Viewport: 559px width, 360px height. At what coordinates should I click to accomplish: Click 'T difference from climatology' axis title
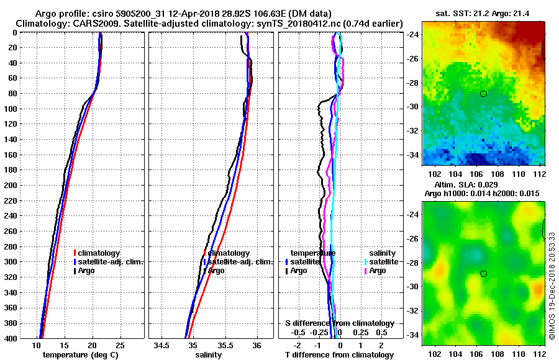point(339,355)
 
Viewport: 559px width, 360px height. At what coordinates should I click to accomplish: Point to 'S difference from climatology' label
point(339,323)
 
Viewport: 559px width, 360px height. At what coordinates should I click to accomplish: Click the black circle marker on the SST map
point(483,94)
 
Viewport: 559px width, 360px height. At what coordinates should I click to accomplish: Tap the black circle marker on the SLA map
point(483,274)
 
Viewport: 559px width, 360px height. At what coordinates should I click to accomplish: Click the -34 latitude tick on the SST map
point(412,155)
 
